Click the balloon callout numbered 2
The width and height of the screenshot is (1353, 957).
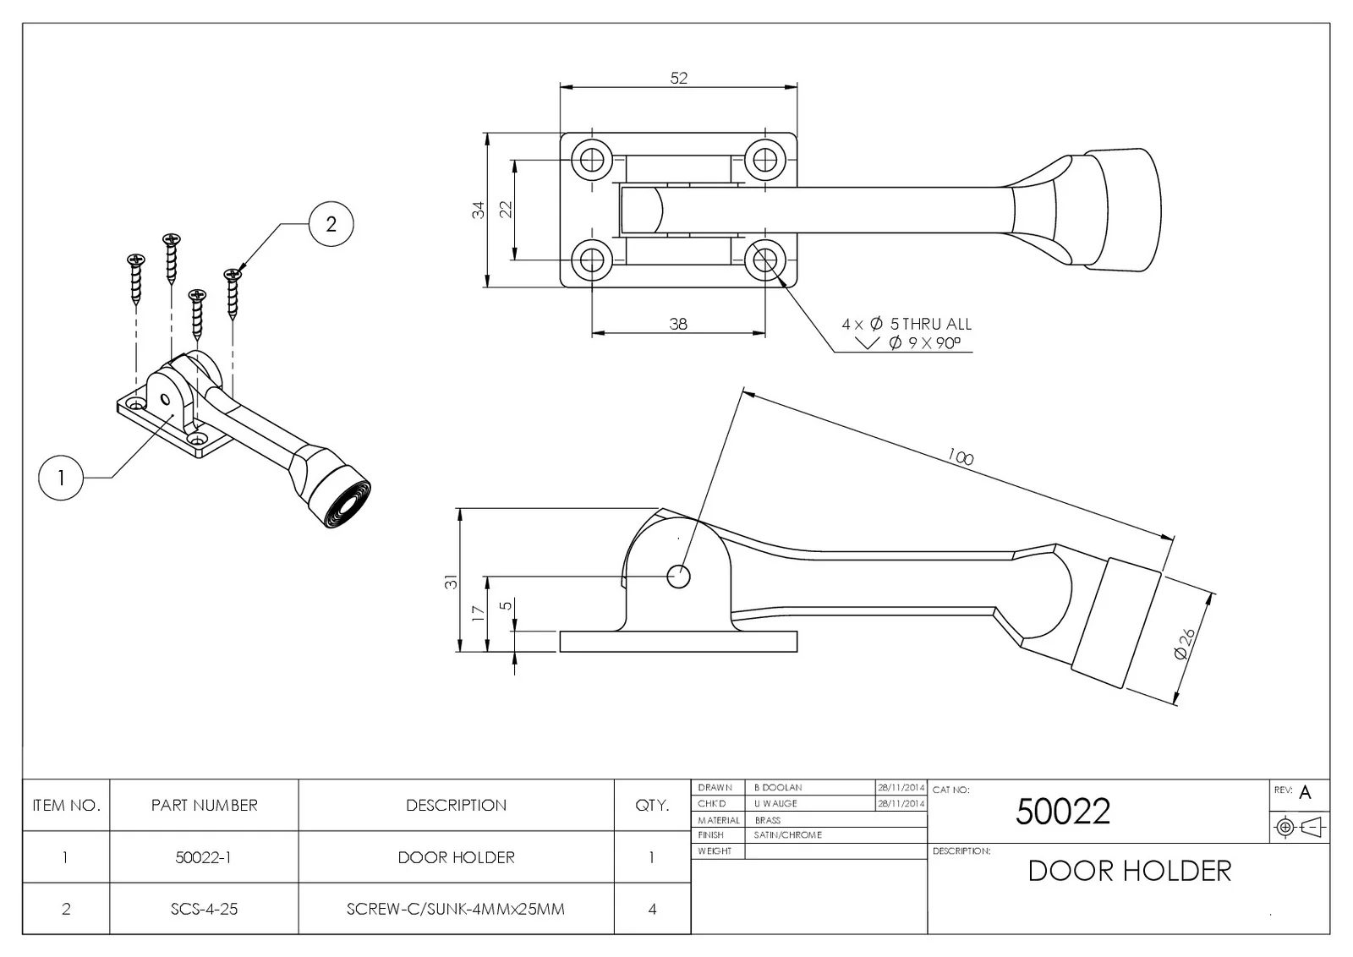(331, 224)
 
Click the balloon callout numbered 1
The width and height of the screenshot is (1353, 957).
(61, 478)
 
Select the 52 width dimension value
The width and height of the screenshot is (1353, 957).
(679, 78)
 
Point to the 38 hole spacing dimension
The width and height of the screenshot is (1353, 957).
(678, 324)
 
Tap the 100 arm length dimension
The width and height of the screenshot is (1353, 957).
(960, 457)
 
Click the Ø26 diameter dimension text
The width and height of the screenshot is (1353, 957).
(1185, 643)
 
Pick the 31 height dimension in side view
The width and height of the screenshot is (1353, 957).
(452, 582)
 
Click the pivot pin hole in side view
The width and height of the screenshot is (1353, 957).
(678, 577)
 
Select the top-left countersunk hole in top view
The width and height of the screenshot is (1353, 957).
(591, 158)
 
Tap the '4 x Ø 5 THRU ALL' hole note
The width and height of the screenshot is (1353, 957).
(907, 324)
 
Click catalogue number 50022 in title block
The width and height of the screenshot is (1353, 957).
(1062, 812)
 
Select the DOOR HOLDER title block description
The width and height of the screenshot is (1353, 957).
(1129, 871)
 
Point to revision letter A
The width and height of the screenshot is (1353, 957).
(1305, 793)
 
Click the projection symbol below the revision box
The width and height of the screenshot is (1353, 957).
(1299, 827)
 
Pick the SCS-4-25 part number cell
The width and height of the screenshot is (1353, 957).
(204, 909)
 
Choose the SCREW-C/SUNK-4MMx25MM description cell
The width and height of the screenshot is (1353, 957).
(456, 909)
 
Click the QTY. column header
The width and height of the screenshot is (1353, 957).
(652, 805)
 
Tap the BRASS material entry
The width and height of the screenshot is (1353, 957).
(768, 820)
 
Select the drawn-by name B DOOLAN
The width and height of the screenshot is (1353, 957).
(778, 788)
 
